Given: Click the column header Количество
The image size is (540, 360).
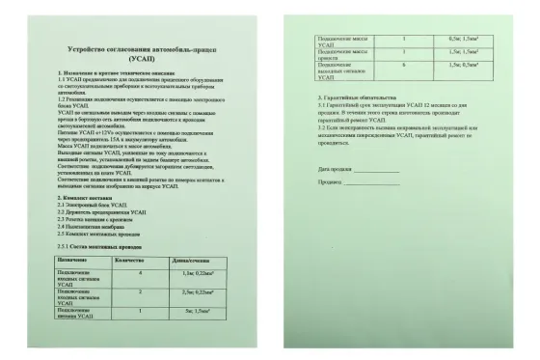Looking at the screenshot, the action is pos(129,259).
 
